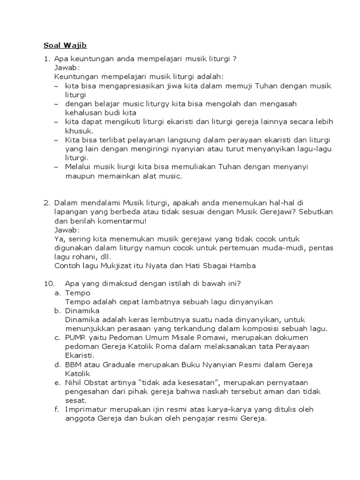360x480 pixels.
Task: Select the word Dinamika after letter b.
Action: pyautogui.click(x=82, y=310)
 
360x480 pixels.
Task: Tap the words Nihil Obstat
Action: pyautogui.click(x=88, y=382)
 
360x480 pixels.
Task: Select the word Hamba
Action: pyautogui.click(x=243, y=266)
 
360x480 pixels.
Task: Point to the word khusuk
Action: pyautogui.click(x=79, y=131)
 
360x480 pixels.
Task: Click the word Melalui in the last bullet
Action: pyautogui.click(x=79, y=167)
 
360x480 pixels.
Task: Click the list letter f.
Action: pyautogui.click(x=56, y=409)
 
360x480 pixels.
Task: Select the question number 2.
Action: pyautogui.click(x=47, y=203)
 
